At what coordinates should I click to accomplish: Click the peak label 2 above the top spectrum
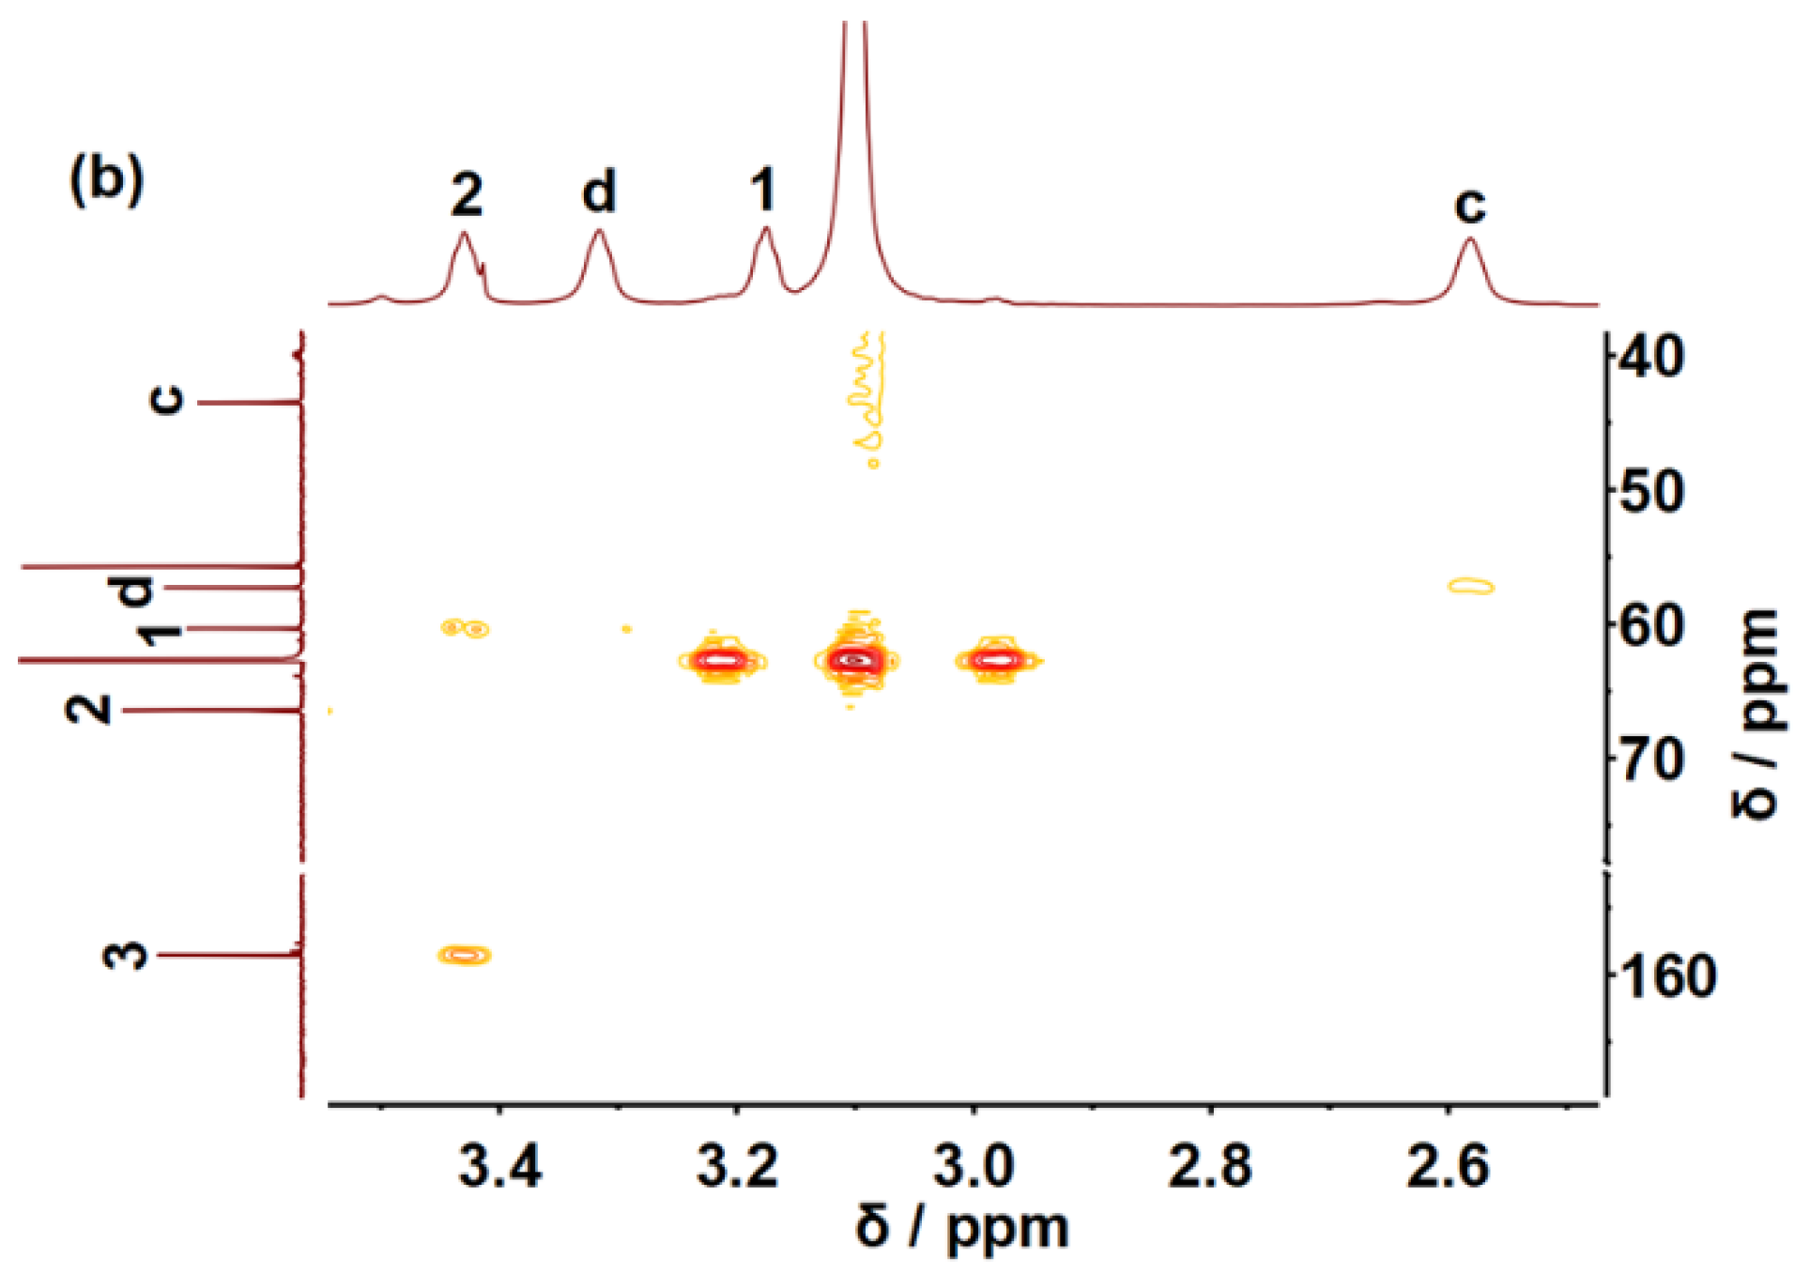(467, 194)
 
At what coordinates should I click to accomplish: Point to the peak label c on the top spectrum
(1469, 204)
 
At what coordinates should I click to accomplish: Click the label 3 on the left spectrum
(126, 955)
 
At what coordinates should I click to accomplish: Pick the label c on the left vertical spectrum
(167, 400)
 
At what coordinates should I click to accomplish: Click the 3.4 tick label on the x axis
(500, 1166)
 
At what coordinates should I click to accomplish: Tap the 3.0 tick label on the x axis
(974, 1166)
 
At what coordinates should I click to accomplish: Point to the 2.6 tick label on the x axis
(1447, 1166)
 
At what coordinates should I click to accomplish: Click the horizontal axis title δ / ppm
(961, 1227)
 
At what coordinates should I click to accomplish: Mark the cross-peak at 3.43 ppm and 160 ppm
(465, 955)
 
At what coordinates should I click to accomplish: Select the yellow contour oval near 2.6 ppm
(1471, 586)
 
